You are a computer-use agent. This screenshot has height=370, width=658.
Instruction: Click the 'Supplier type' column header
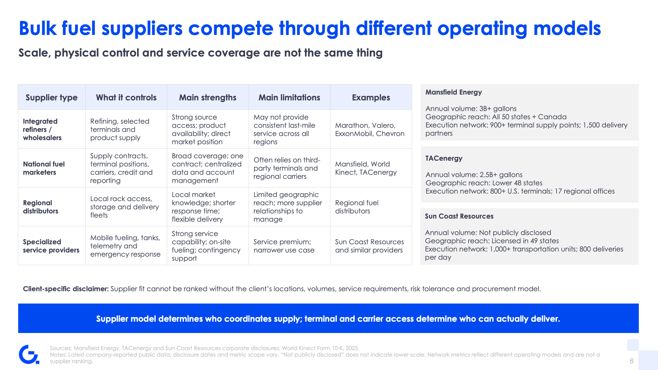coord(51,98)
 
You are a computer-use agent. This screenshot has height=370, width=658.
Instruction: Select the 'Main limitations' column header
coord(289,98)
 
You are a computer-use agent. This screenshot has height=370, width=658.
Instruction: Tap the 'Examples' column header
coord(371,98)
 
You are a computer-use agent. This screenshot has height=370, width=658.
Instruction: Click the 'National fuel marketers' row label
coord(44,168)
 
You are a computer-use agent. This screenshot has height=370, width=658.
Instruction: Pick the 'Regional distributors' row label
coord(40,207)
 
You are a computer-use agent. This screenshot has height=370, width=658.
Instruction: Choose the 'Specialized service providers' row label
coord(51,246)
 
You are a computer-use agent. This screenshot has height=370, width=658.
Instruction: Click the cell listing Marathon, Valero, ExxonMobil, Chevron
coord(370,129)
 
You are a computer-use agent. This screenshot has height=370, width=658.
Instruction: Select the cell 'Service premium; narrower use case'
coord(284,246)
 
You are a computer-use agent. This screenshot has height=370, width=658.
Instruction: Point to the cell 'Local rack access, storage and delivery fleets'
coord(124,207)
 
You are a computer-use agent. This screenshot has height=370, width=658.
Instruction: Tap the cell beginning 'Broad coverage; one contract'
coord(207,168)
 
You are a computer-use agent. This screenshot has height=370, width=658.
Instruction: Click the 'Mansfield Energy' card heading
coord(453,92)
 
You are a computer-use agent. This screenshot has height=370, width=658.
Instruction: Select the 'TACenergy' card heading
coord(444,158)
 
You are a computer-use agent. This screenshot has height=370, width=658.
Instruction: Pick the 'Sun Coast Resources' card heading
coord(459,216)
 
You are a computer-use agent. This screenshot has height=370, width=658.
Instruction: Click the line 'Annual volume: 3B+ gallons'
coord(471,109)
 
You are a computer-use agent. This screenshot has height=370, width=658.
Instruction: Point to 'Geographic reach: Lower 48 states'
coord(484,183)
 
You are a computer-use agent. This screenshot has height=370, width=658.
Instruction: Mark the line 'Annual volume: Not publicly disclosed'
coord(488,233)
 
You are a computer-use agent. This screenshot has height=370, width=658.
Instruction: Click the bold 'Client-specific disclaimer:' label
coord(66,289)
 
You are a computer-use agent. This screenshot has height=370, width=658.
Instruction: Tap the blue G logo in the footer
coord(29,354)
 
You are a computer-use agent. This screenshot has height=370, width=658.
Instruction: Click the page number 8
coord(631,361)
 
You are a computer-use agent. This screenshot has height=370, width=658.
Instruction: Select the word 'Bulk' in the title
coord(37,28)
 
